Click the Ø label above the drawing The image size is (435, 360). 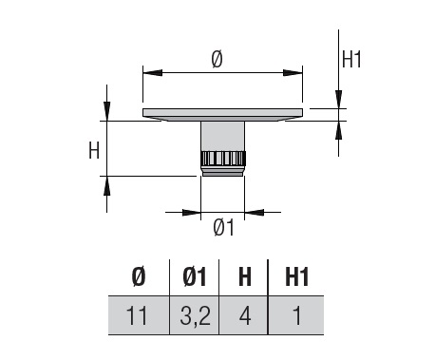[x=217, y=60]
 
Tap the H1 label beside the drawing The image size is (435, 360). [x=351, y=59]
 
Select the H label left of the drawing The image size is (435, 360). [x=94, y=150]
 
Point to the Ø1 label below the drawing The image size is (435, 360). [x=224, y=227]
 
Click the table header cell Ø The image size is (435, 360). [x=139, y=276]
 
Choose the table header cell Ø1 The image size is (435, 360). [x=195, y=276]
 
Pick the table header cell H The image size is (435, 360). [x=245, y=276]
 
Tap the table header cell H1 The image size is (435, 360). [x=296, y=276]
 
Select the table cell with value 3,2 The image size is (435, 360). [x=194, y=315]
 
